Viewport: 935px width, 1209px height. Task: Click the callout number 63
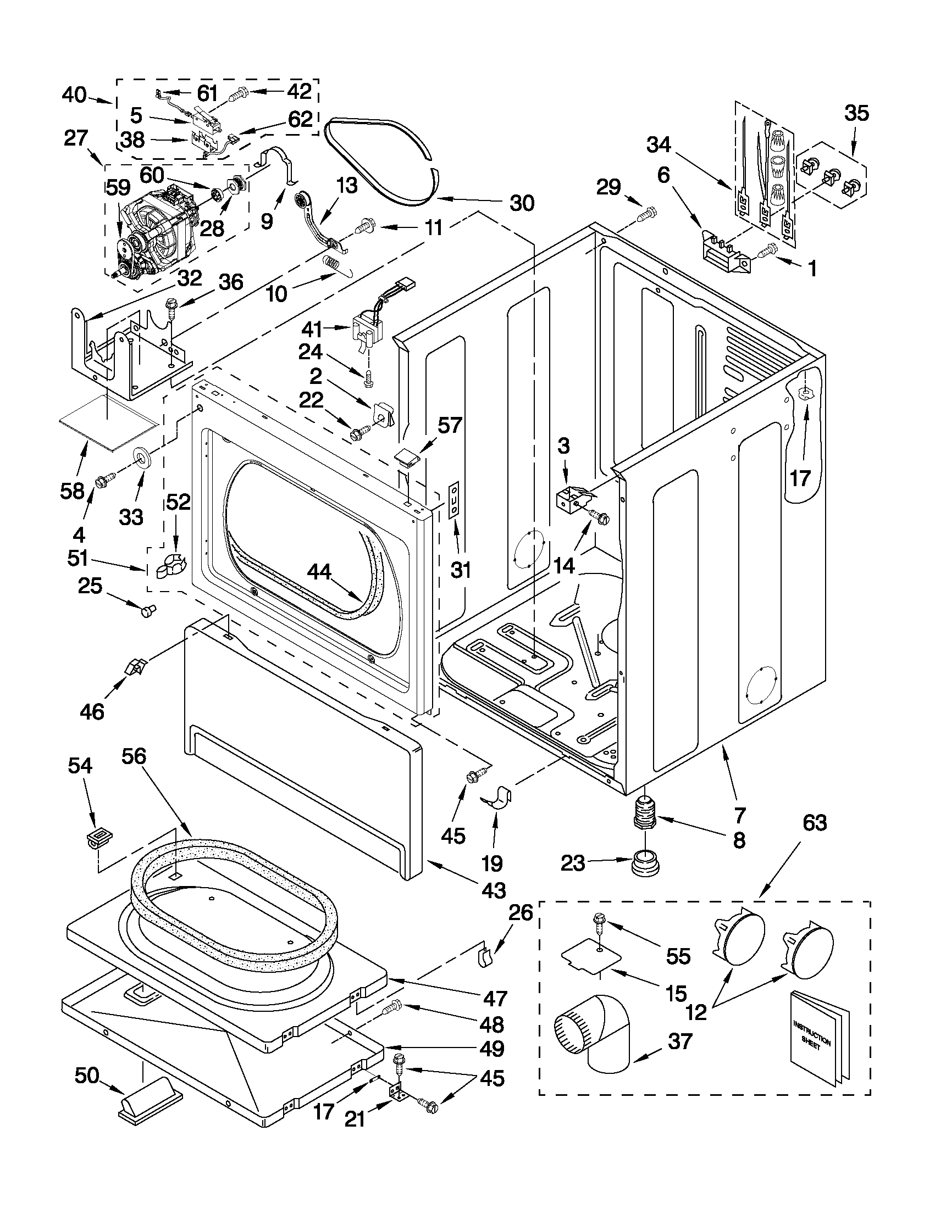(x=814, y=823)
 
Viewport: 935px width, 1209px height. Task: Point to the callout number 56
(x=134, y=756)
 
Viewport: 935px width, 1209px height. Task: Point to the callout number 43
(x=493, y=890)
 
